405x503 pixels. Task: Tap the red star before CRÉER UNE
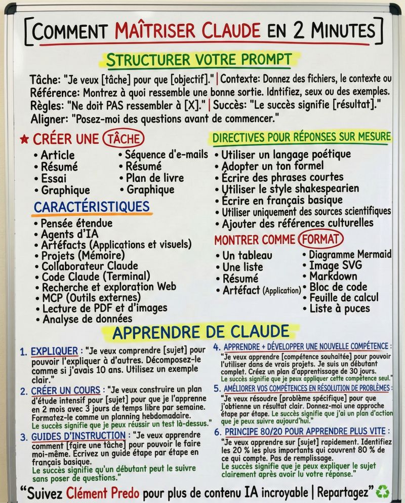[23, 138]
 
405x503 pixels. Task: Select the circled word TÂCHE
[123, 138]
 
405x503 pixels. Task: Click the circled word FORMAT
[320, 239]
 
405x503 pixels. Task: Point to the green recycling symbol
[383, 491]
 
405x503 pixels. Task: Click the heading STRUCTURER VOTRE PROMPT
[198, 60]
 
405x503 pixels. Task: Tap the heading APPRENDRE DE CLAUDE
[200, 332]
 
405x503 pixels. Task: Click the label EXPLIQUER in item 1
[54, 351]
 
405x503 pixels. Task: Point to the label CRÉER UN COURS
[65, 391]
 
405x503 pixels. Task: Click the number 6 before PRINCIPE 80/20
[217, 432]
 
